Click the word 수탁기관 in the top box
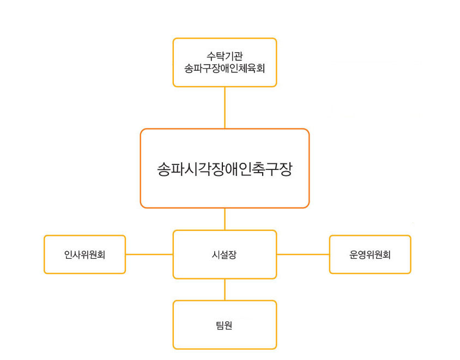tap(225, 56)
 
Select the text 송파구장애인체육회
tap(225, 69)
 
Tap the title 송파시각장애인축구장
tap(225, 169)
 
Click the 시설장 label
tap(225, 254)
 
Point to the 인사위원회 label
tap(84, 254)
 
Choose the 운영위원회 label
tap(370, 254)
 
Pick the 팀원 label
tap(225, 325)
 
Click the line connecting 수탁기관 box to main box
tap(225, 107)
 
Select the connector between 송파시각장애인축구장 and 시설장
tap(225, 219)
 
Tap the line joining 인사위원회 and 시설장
tap(149, 254)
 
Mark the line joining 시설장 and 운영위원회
tap(302, 254)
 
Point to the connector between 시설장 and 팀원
tap(225, 289)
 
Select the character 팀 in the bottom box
tap(220, 325)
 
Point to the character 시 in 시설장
tap(216, 254)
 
